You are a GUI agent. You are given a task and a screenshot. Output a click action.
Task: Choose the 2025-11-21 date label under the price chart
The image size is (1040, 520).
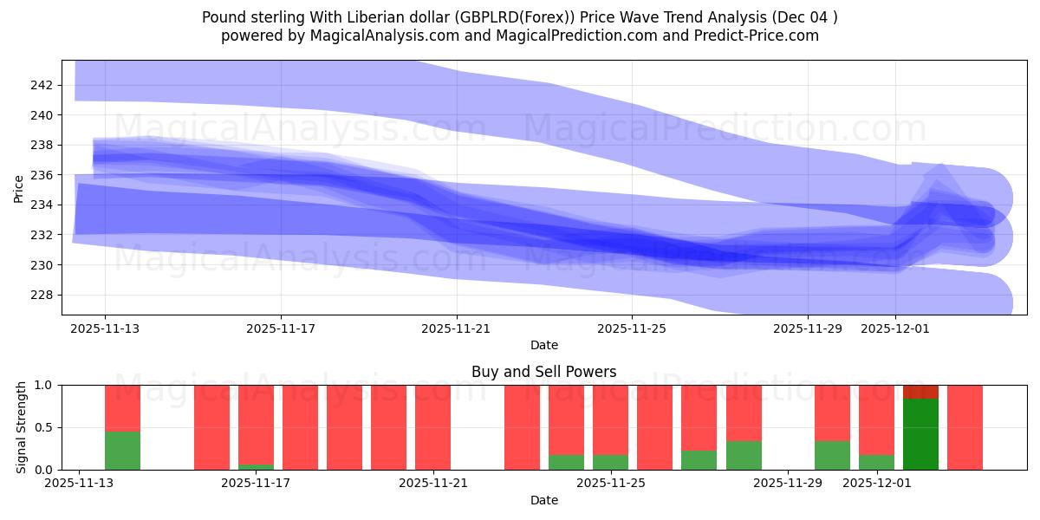[457, 329]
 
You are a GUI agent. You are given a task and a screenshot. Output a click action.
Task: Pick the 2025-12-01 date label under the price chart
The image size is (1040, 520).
[895, 329]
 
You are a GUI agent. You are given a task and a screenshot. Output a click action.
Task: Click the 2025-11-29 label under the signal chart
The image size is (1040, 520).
[789, 484]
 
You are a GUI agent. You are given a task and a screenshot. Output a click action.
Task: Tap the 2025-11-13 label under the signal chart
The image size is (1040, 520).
[80, 484]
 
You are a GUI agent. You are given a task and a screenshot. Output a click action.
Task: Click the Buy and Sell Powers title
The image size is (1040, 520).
[543, 372]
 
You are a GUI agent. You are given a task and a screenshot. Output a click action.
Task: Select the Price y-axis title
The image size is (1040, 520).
[19, 187]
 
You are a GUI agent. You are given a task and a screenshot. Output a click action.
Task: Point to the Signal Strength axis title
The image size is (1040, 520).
[22, 427]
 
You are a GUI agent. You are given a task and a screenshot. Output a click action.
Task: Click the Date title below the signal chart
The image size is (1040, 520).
[543, 500]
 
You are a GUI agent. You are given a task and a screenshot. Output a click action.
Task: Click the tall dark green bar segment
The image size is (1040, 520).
[920, 434]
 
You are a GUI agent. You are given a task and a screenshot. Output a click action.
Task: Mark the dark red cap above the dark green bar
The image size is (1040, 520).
[920, 392]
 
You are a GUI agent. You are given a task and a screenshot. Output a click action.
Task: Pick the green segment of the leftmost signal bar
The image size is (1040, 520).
[122, 451]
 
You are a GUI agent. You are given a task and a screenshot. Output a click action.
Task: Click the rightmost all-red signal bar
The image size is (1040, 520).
[965, 427]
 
